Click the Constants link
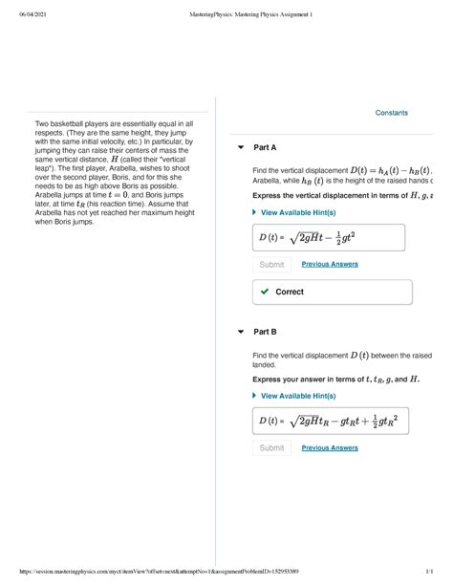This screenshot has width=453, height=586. pyautogui.click(x=391, y=113)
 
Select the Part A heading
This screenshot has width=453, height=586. pyautogui.click(x=265, y=148)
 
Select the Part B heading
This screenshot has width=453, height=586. pyautogui.click(x=265, y=332)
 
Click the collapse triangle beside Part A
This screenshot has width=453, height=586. pyautogui.click(x=241, y=148)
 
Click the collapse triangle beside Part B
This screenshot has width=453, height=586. pyautogui.click(x=241, y=332)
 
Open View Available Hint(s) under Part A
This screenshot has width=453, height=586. pyautogui.click(x=297, y=212)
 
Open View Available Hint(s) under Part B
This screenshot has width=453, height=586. pyautogui.click(x=297, y=396)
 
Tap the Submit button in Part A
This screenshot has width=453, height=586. pyautogui.click(x=271, y=264)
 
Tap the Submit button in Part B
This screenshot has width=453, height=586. pyautogui.click(x=271, y=447)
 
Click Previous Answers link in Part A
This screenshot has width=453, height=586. pyautogui.click(x=331, y=264)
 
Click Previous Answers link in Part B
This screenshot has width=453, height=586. pyautogui.click(x=331, y=447)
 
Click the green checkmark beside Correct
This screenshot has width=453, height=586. pyautogui.click(x=264, y=292)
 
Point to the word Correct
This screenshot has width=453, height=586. pyautogui.click(x=290, y=292)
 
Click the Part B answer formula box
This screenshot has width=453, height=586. pyautogui.click(x=334, y=421)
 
